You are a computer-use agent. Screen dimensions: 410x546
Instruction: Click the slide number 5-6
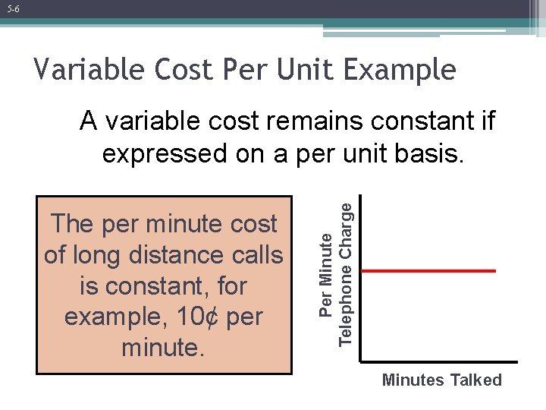point(14,9)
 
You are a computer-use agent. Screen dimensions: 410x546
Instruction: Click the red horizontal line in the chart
point(428,270)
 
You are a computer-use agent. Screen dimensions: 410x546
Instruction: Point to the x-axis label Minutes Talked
point(441,380)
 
